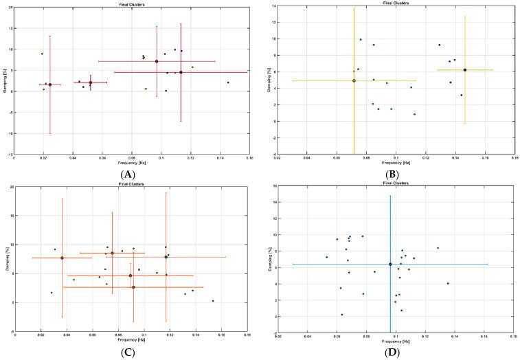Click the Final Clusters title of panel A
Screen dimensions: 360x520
(131, 4)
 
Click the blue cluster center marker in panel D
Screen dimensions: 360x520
(390, 264)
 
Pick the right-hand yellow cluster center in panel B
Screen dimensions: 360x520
(465, 69)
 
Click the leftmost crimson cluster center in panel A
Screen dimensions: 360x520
(50, 85)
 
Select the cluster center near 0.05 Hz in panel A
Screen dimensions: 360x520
(90, 82)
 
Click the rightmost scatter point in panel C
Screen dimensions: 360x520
(213, 300)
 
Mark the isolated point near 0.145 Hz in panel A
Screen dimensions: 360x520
(228, 82)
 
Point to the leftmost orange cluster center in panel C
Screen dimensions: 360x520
(63, 258)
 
